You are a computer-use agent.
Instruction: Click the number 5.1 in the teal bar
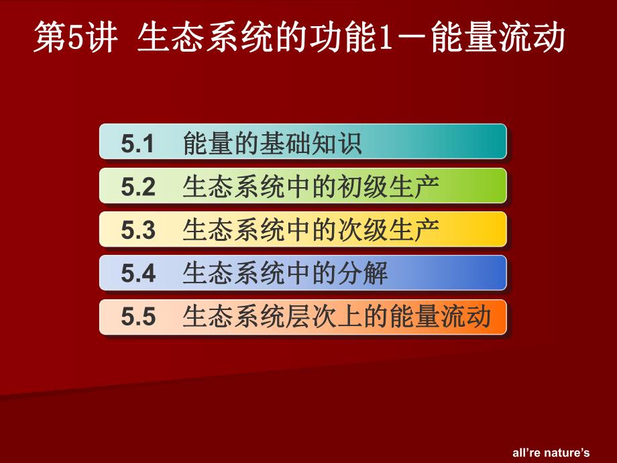(x=138, y=144)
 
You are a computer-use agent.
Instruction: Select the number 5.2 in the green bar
(x=138, y=187)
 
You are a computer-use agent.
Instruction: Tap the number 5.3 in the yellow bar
(x=138, y=231)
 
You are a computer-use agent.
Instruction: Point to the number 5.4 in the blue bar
(x=138, y=274)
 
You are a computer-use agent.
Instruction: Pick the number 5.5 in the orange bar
(x=138, y=317)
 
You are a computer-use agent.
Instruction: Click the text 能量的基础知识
(x=272, y=144)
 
